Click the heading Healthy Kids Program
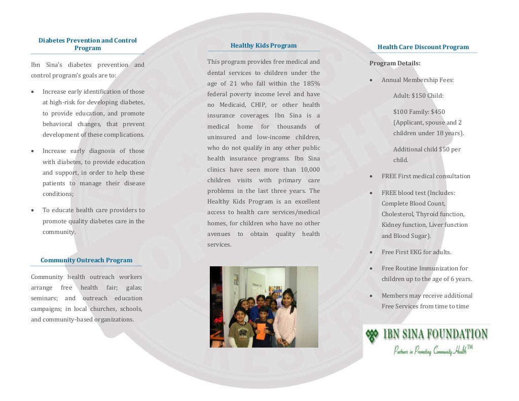264,46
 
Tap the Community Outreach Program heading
86,260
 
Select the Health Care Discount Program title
423,47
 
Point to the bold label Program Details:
395,63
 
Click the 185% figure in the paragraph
310,84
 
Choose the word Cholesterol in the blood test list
398,214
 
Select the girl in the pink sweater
285,319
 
